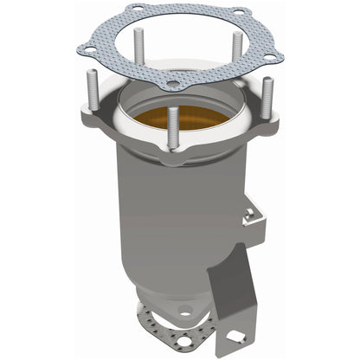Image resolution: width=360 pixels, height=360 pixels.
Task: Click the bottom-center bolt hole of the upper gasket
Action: click(172, 85)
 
